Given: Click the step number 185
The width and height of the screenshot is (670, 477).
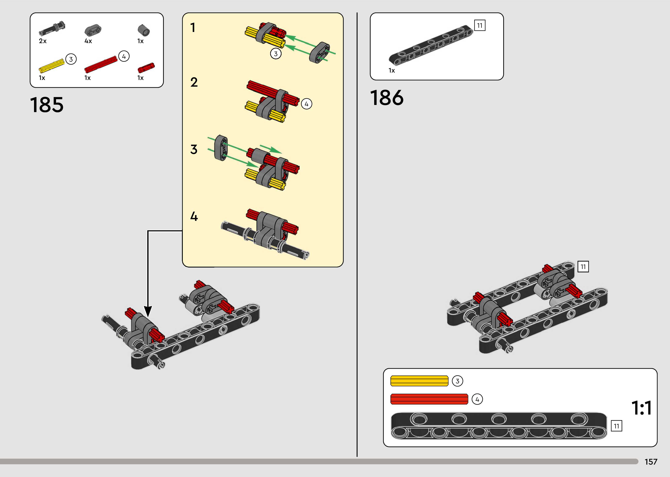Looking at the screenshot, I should pyautogui.click(x=47, y=105).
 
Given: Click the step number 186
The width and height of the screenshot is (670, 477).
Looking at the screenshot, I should pyautogui.click(x=387, y=98).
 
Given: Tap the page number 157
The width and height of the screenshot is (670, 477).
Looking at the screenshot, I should pyautogui.click(x=651, y=462).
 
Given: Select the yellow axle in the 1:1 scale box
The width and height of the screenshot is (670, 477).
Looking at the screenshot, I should pyautogui.click(x=419, y=381).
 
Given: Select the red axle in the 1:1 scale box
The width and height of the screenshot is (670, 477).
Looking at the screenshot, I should pyautogui.click(x=429, y=399).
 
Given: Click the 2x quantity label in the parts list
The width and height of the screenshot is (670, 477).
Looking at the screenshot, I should pyautogui.click(x=43, y=41).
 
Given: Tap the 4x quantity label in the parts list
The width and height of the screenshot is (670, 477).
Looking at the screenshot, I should pyautogui.click(x=88, y=41).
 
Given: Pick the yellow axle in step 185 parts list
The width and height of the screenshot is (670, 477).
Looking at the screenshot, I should pyautogui.click(x=52, y=66).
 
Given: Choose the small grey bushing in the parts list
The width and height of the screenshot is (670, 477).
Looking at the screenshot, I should pyautogui.click(x=144, y=30).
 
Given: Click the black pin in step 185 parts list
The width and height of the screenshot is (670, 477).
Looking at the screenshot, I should pyautogui.click(x=52, y=28).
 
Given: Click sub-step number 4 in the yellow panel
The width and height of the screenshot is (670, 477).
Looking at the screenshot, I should pyautogui.click(x=194, y=216).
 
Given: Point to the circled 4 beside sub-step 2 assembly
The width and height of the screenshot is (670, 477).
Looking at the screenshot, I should pyautogui.click(x=307, y=104).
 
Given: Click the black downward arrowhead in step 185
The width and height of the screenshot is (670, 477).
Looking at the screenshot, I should pyautogui.click(x=148, y=311).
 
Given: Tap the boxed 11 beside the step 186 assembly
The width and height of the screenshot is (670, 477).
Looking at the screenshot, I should pyautogui.click(x=583, y=267).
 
